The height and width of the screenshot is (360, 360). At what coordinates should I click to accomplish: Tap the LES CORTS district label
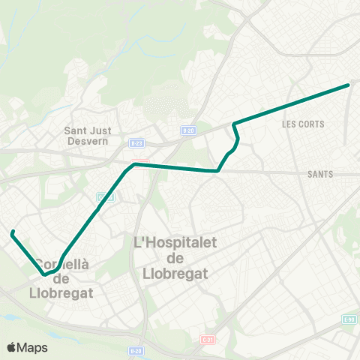click(303, 124)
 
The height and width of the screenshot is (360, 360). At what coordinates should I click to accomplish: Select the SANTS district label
click(320, 174)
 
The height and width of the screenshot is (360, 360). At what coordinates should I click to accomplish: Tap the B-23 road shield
click(136, 142)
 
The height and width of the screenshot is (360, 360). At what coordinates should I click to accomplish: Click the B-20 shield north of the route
click(188, 130)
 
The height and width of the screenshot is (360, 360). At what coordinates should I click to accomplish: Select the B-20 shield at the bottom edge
click(135, 350)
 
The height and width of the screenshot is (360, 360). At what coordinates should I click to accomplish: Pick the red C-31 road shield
click(207, 339)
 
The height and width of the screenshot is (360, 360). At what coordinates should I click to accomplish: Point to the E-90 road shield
click(349, 320)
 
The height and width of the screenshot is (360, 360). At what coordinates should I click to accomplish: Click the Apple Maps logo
click(27, 347)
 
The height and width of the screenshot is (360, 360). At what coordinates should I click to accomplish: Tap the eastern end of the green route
click(349, 85)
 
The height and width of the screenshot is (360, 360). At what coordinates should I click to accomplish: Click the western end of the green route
click(13, 233)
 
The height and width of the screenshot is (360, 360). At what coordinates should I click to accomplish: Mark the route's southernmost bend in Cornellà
click(45, 274)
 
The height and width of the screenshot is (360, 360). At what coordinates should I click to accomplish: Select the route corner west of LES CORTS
click(235, 123)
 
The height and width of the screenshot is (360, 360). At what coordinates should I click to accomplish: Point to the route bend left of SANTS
click(217, 170)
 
